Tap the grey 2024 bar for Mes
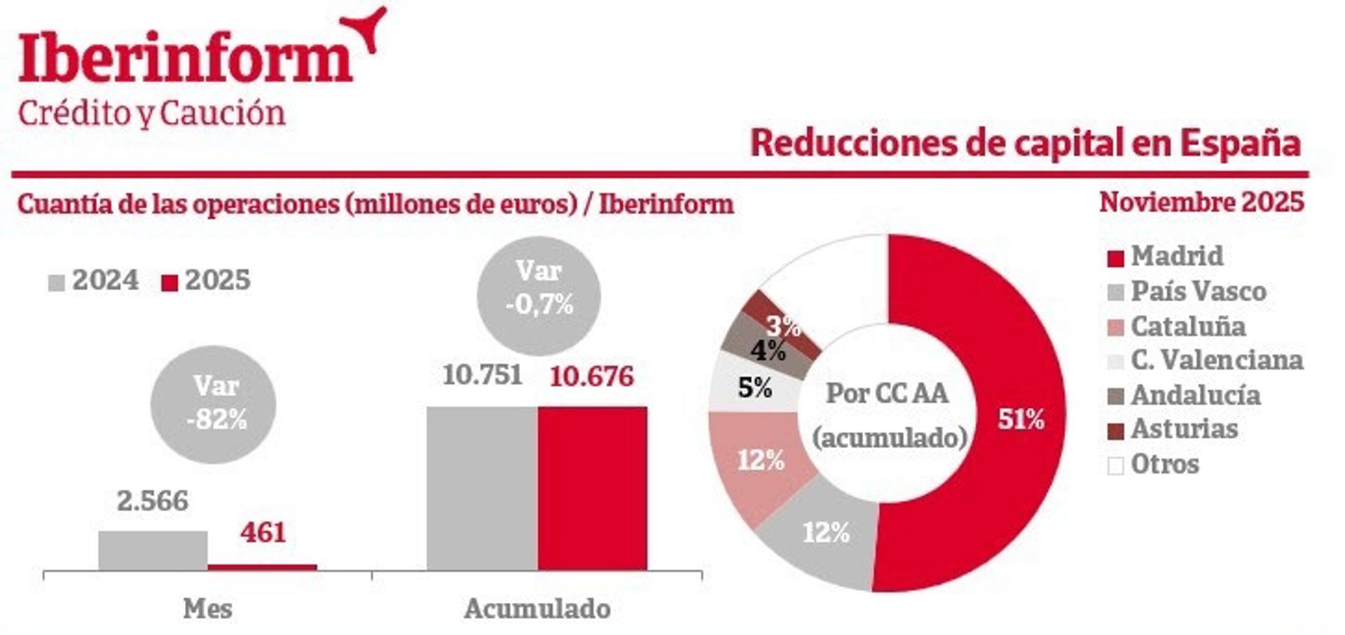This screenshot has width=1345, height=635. (153, 550)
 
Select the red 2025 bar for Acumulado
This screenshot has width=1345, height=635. (593, 488)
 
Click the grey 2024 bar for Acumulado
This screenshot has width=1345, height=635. (482, 488)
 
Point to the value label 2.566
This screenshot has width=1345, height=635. (152, 501)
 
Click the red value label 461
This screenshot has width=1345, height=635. (263, 533)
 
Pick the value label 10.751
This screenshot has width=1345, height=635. (482, 375)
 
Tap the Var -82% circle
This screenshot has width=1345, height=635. (214, 404)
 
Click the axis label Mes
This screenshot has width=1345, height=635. (207, 608)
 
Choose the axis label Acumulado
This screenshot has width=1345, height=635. (537, 608)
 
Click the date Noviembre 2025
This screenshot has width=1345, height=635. (1201, 203)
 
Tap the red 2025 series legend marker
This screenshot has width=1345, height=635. (170, 282)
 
